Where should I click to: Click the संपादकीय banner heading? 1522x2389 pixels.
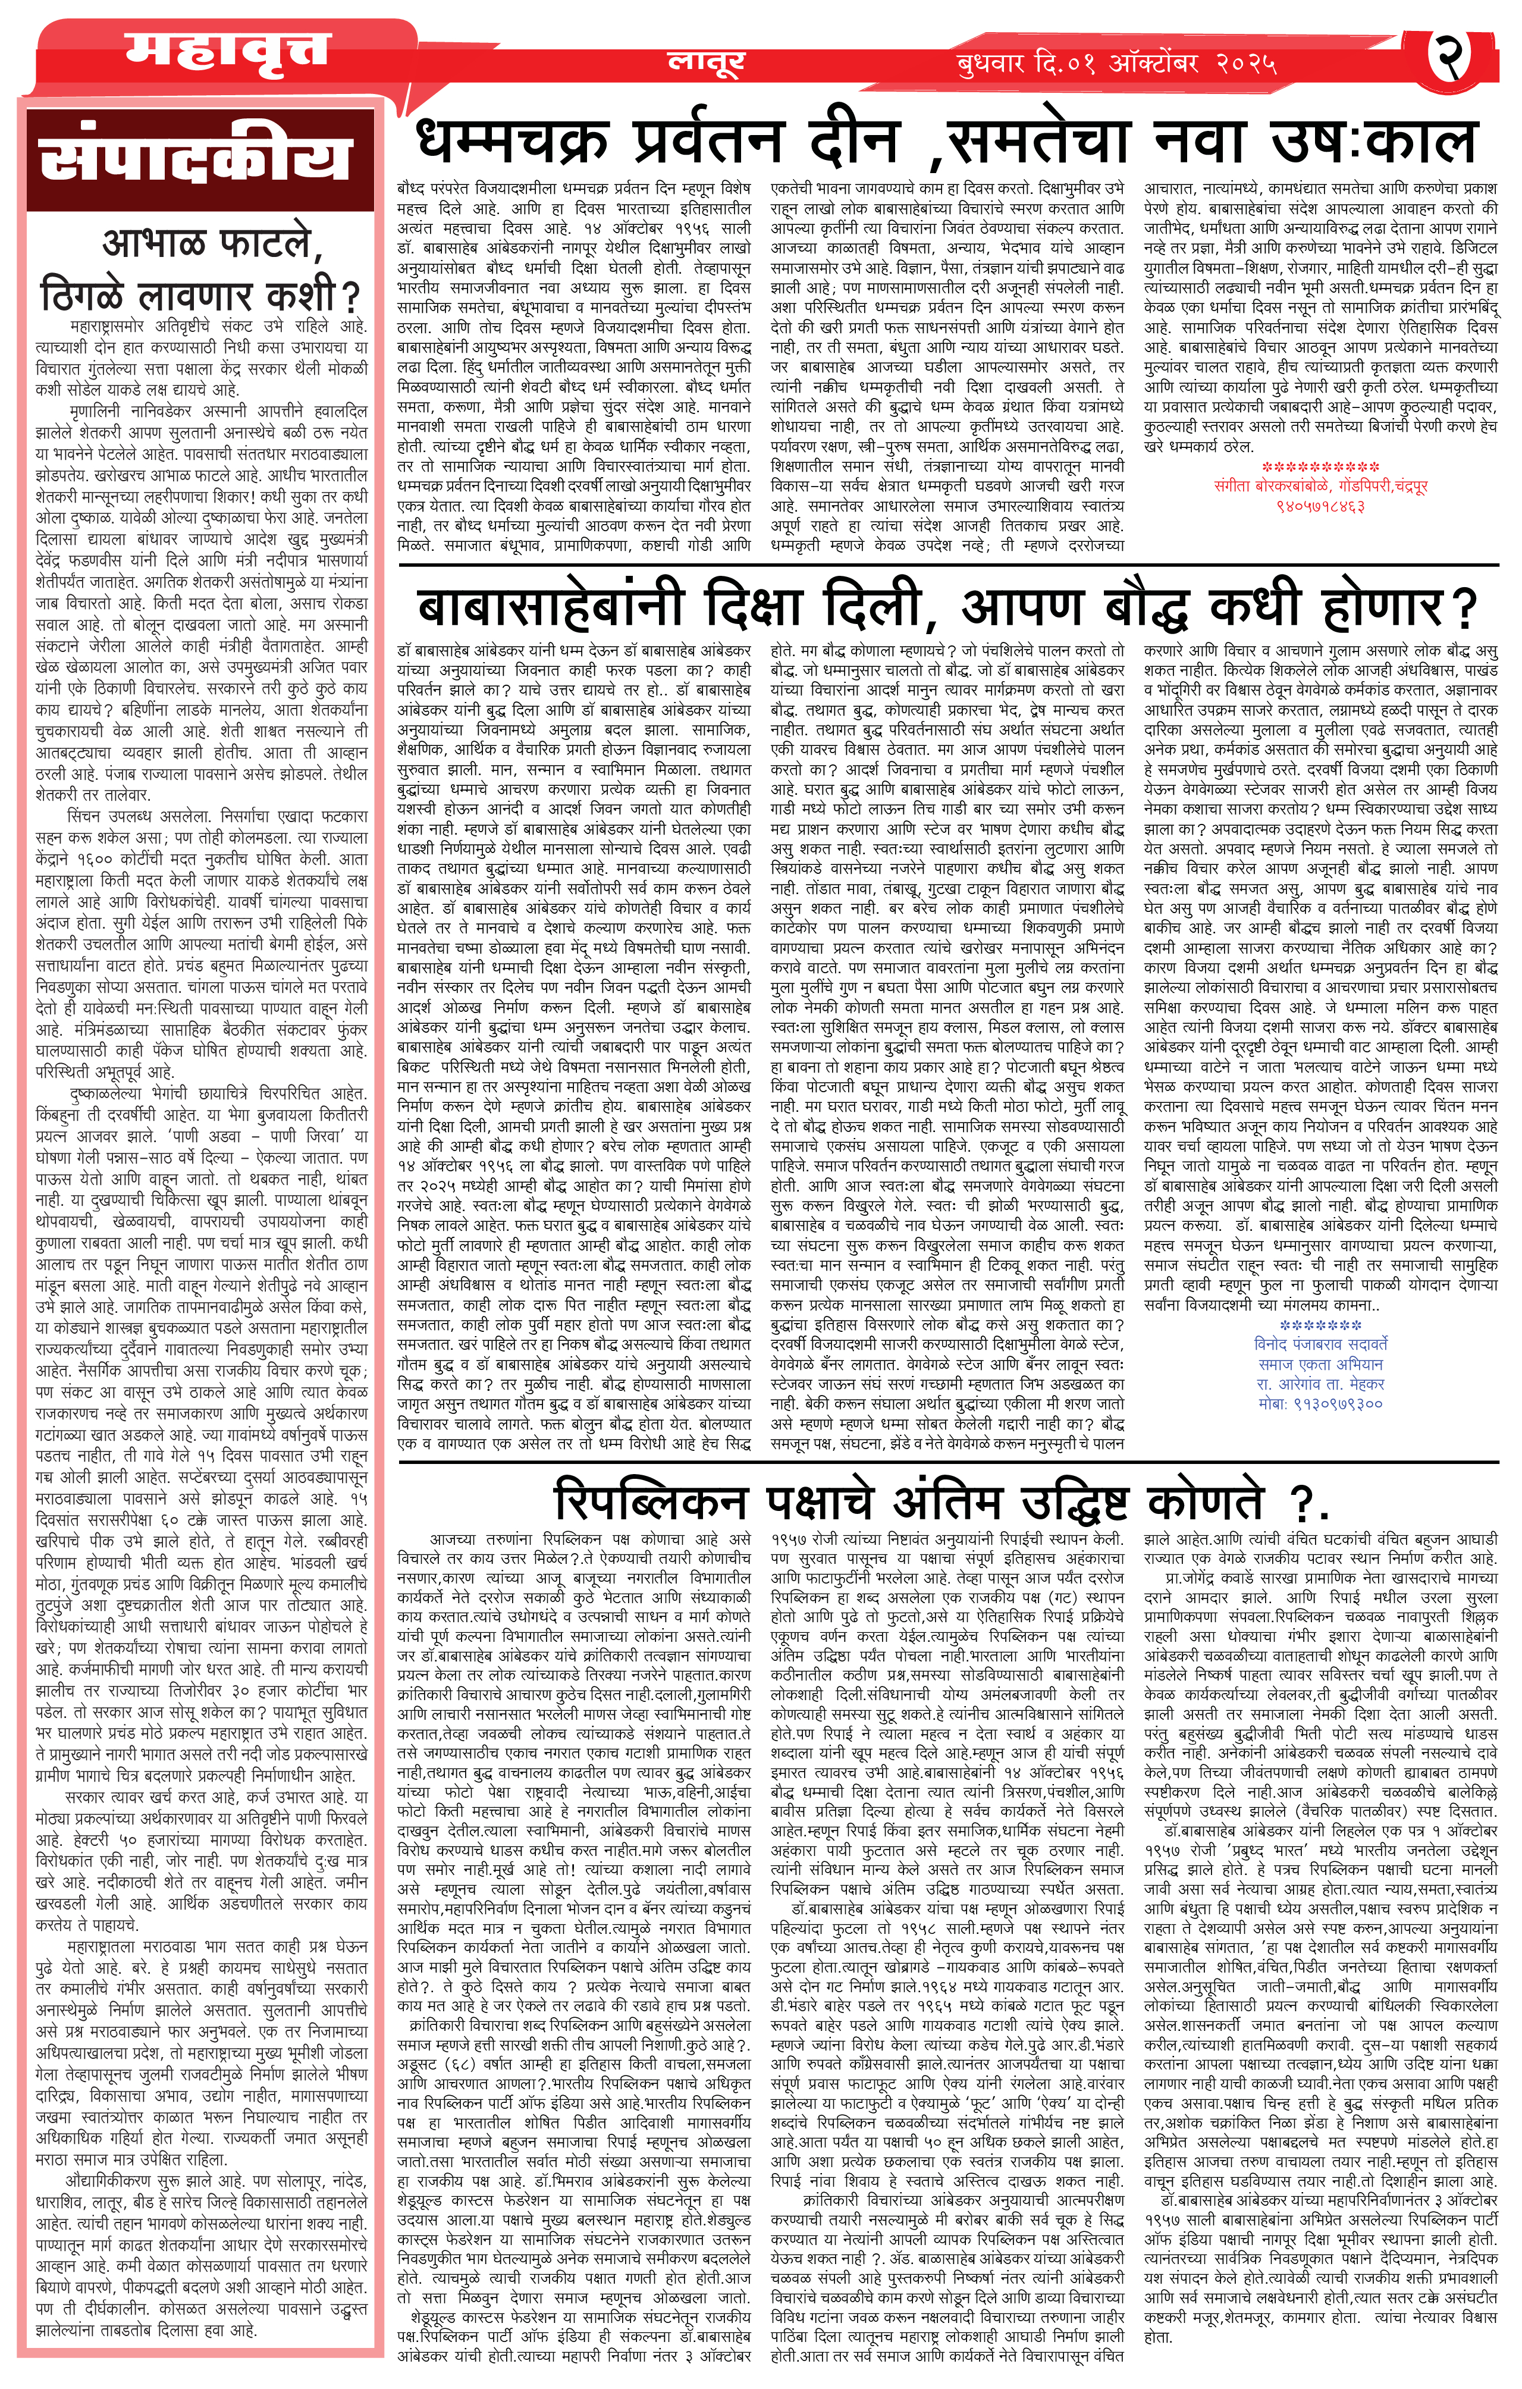(x=196, y=160)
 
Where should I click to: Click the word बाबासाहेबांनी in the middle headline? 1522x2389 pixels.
(x=552, y=603)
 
